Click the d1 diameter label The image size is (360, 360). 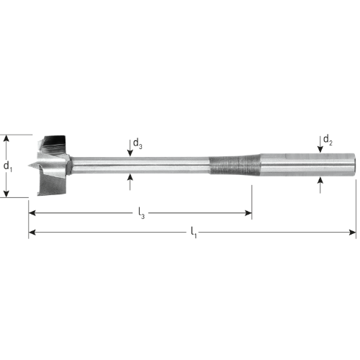point(8,166)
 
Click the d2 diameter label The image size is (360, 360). point(328,140)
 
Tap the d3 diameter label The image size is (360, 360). point(138,144)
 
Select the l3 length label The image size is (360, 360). point(142,213)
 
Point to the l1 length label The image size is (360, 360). point(194,233)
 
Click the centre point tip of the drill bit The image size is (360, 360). point(28,165)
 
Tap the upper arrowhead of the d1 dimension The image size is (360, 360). point(6,138)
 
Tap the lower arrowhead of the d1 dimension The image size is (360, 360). point(6,194)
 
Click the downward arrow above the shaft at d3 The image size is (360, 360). point(130,148)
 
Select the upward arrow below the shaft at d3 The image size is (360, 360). point(130,181)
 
